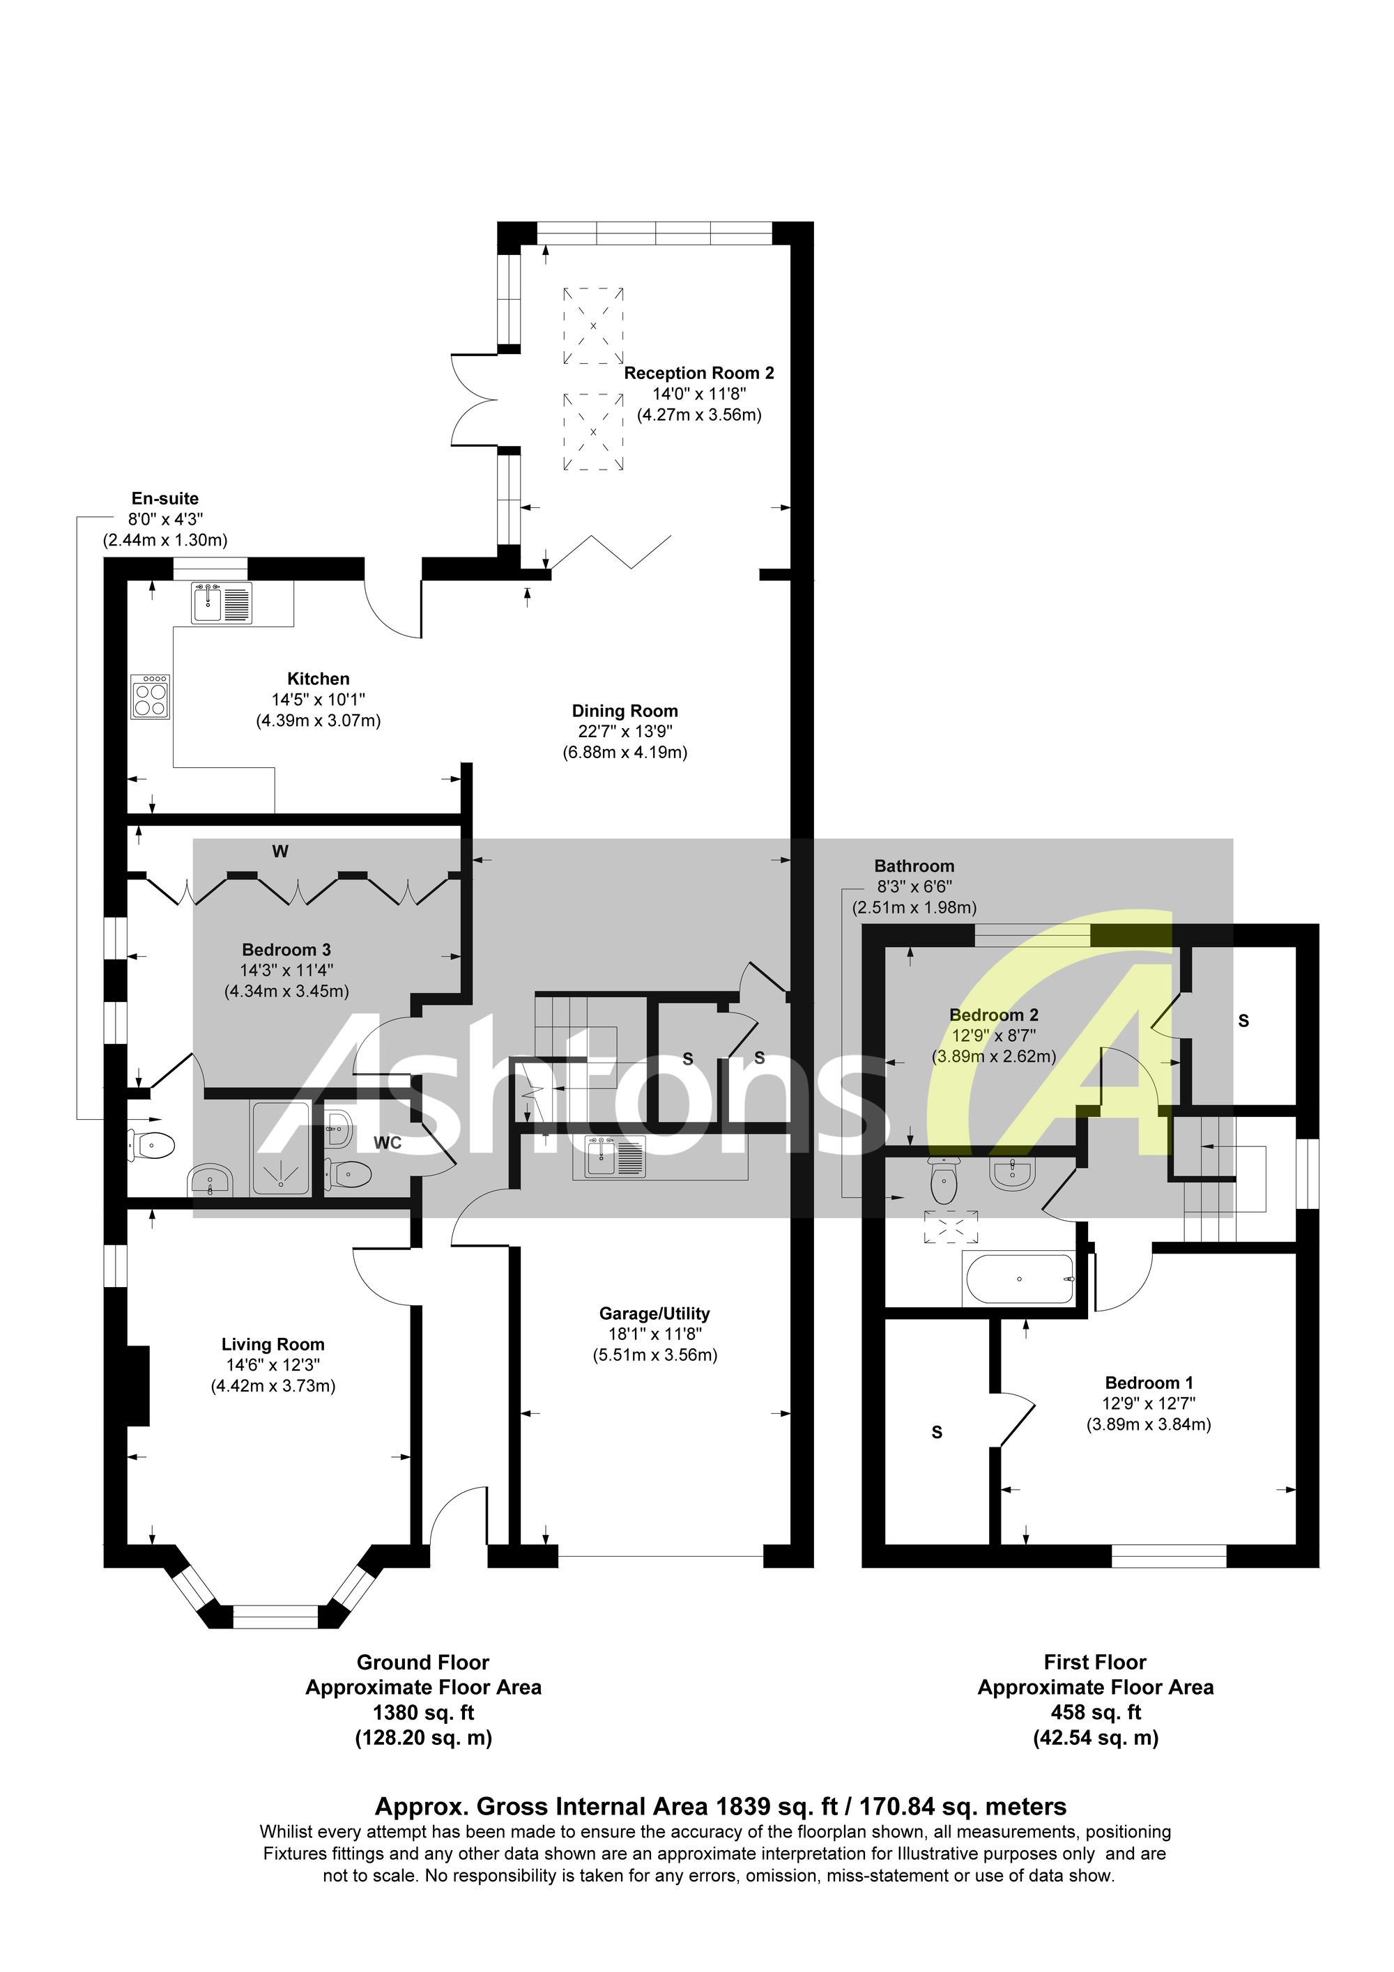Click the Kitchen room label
tap(318, 679)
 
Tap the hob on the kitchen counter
tap(151, 695)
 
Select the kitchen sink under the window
tap(222, 603)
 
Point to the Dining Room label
tap(625, 711)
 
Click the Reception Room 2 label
tap(699, 373)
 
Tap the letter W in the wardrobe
tap(280, 852)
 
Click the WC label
tap(388, 1143)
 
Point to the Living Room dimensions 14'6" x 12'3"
tap(273, 1365)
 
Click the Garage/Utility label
tap(654, 1314)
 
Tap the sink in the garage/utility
tap(615, 1156)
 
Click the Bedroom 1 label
tap(1149, 1382)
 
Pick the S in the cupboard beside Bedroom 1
tap(937, 1433)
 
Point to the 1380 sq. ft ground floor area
tap(424, 1713)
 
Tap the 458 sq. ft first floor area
tap(1095, 1713)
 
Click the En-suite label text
tap(165, 498)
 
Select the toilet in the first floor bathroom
tap(943, 1181)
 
